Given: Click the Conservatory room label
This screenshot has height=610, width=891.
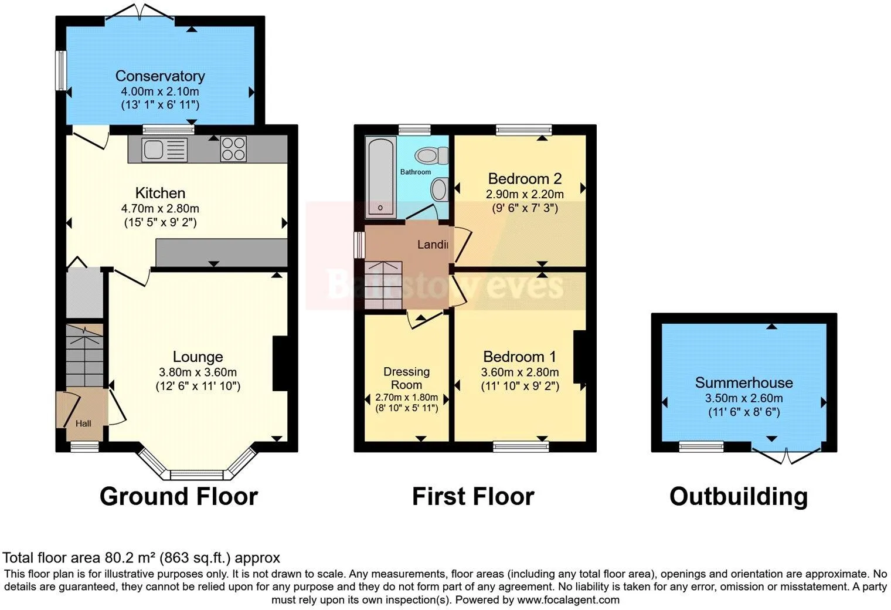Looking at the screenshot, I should point(159,76).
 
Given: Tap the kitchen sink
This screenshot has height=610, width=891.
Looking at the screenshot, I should point(157,149).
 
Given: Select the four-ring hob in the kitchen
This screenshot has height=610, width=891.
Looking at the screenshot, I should point(233,148).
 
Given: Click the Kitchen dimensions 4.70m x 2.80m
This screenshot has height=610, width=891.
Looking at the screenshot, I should point(159,208).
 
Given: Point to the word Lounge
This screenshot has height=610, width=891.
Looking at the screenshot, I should point(198,357).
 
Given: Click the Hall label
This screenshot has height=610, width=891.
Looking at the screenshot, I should point(83,423).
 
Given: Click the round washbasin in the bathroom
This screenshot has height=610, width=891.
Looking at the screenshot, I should point(438,190).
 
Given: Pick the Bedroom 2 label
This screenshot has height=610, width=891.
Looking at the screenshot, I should point(525,178).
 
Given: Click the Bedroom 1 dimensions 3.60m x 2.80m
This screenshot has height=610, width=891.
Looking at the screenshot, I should point(519,372).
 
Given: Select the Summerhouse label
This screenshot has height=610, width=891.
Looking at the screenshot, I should point(743,382).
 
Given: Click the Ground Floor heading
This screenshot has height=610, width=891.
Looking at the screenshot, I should point(178,496).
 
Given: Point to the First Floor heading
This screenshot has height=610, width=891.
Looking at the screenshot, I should point(472,496).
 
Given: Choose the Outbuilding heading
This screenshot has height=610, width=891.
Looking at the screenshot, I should point(738,496).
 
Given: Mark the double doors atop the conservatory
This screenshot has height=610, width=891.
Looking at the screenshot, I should point(140,12).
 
